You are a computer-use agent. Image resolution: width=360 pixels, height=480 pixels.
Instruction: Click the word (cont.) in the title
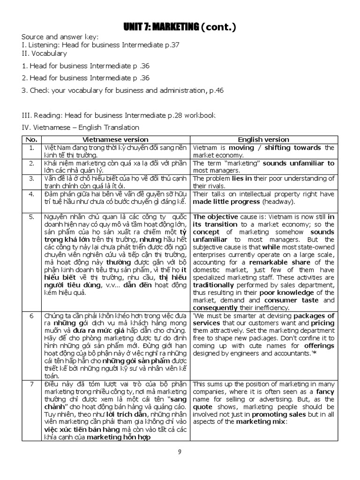(218, 29)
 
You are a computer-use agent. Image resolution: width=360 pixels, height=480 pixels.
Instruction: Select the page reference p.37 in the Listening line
(171, 45)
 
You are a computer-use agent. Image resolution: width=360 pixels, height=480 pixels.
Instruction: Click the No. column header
(31, 140)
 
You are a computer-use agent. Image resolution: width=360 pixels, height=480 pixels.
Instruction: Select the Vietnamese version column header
(115, 140)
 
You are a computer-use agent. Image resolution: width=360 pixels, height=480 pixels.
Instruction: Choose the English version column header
(263, 140)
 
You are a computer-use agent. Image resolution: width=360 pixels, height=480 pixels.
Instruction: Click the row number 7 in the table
(31, 383)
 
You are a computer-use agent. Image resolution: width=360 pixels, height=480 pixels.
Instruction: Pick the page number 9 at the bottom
(180, 451)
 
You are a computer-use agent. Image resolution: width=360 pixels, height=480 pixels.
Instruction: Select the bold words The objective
(213, 217)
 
